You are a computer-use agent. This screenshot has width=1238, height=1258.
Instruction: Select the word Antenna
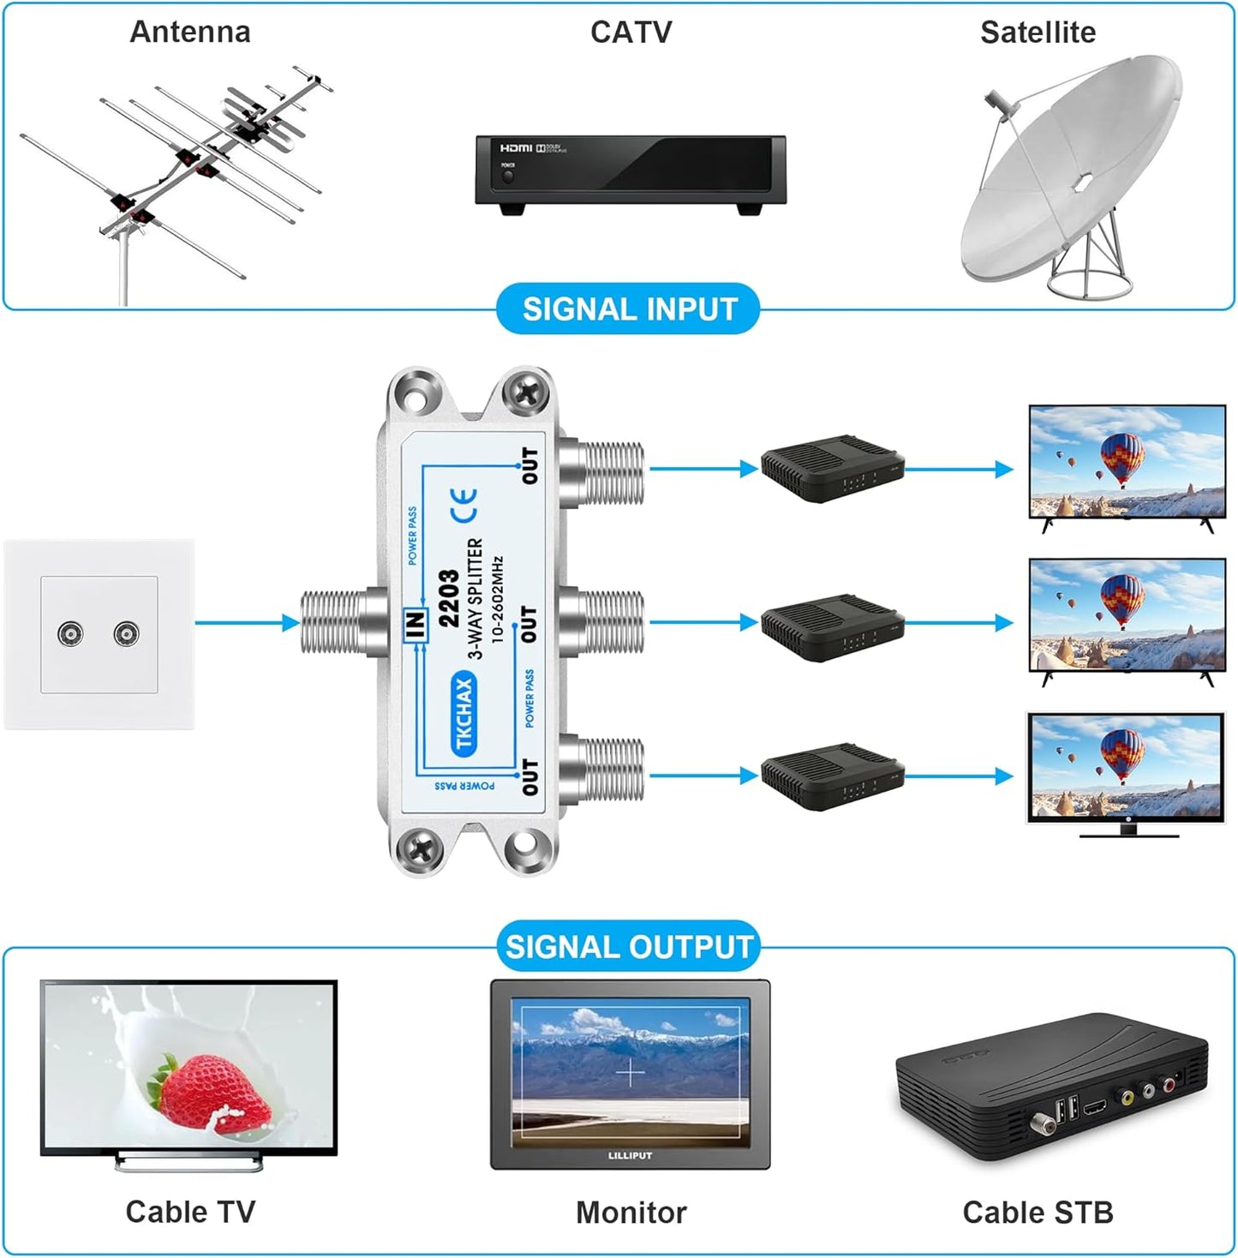(190, 33)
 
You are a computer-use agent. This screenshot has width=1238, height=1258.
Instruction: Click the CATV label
(631, 33)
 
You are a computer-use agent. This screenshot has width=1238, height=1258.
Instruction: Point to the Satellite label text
(1038, 33)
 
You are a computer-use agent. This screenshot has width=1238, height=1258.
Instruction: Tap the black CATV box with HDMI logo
(631, 171)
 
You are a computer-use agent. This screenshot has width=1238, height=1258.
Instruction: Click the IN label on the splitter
(416, 625)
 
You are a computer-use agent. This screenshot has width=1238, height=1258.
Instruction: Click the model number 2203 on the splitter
(449, 598)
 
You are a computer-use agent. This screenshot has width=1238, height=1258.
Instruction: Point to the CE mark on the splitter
(464, 506)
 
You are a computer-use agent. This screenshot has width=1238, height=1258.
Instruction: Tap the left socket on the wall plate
(70, 634)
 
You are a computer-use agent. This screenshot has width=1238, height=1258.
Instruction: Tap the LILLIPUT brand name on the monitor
(630, 1156)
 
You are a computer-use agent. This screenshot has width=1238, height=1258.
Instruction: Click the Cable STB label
(1038, 1213)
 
